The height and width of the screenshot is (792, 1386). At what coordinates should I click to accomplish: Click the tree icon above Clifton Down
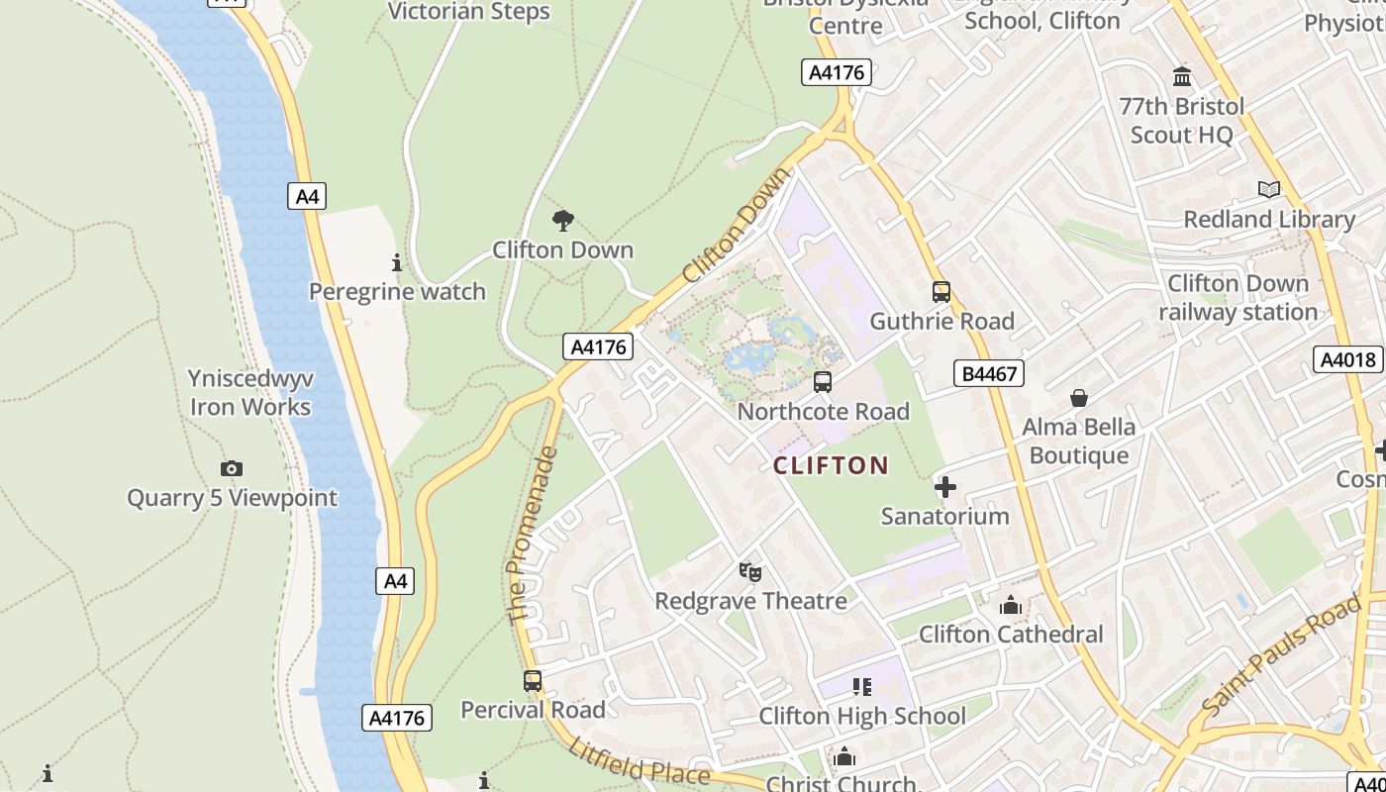563,221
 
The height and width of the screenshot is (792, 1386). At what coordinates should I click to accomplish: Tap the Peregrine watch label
397,291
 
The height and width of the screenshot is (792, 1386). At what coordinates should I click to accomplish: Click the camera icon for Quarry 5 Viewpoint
232,468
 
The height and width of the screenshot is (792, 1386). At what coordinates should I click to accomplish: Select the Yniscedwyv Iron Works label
250,393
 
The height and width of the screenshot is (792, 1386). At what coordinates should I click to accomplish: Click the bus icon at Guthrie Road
940,292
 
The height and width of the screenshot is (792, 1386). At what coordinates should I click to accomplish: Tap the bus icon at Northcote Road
822,382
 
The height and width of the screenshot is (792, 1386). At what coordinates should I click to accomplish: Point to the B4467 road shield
989,373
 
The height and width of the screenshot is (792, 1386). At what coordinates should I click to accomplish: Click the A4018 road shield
1349,359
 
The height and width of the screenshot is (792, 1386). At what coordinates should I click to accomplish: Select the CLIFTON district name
831,465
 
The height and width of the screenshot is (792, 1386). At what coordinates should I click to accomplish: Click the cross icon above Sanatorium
945,487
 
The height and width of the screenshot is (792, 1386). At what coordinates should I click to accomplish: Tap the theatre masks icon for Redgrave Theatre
750,571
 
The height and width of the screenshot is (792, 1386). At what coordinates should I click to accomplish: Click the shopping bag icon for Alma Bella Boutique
1078,398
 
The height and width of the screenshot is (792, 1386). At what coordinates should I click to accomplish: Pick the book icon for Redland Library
1268,189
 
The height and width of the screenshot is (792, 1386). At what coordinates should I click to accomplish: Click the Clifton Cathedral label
1011,634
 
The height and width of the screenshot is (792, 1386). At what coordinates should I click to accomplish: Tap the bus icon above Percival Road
533,681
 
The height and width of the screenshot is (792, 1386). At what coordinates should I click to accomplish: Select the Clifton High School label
862,716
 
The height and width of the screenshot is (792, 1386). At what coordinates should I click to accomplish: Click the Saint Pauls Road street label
1281,656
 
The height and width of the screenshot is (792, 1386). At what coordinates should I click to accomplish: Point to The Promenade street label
533,535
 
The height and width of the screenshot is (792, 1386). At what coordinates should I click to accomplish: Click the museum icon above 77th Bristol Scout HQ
1181,76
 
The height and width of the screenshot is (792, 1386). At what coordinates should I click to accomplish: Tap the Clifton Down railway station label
1237,298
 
